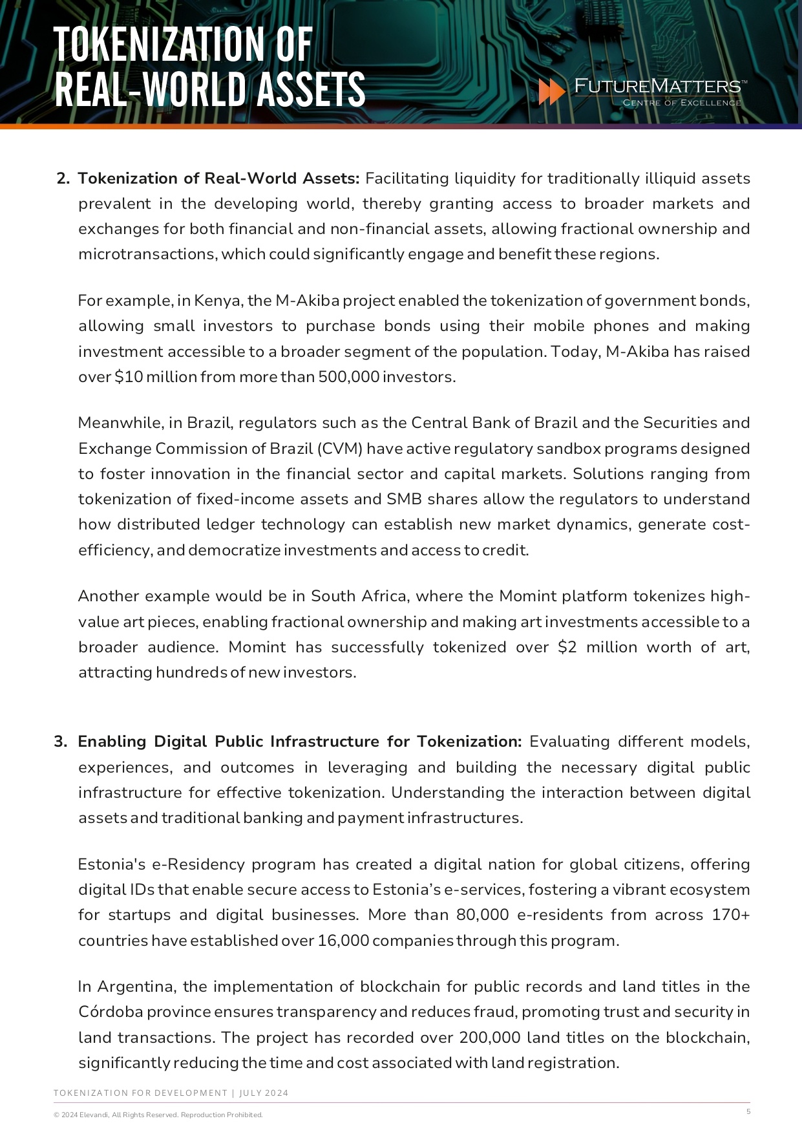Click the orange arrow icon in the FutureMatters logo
(551, 92)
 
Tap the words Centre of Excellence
(682, 103)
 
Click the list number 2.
(63, 178)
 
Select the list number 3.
(61, 742)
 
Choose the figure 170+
(728, 915)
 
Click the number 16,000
(343, 941)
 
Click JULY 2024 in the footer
(264, 1093)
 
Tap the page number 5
(748, 1111)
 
